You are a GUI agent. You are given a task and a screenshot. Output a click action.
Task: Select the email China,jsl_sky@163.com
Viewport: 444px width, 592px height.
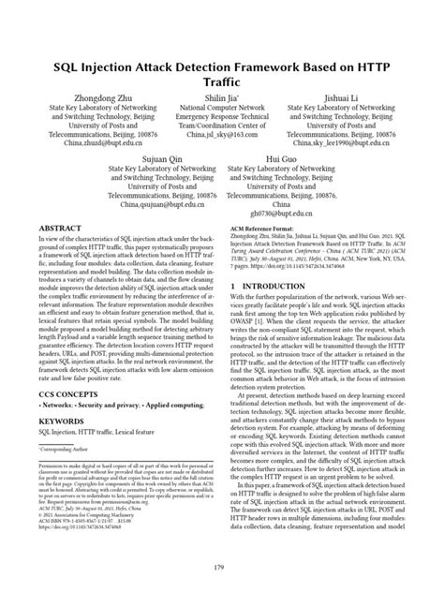[222, 134]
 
